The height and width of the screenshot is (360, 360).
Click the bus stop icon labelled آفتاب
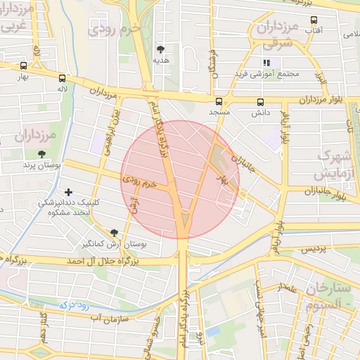pyautogui.click(x=314, y=20)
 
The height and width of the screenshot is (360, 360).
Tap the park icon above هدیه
pyautogui.click(x=161, y=49)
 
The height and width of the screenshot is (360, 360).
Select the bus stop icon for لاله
pyautogui.click(x=63, y=78)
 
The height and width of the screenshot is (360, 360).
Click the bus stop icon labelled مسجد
pyautogui.click(x=219, y=101)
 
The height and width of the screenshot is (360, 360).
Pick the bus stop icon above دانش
pyautogui.click(x=261, y=101)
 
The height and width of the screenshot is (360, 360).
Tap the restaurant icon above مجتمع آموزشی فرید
pyautogui.click(x=266, y=63)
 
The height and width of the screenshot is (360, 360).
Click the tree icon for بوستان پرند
pyautogui.click(x=43, y=153)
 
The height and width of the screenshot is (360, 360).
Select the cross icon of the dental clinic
pyautogui.click(x=68, y=191)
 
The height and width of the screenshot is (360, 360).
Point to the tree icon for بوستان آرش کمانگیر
pyautogui.click(x=114, y=233)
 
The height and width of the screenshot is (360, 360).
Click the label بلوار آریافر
pyautogui.click(x=285, y=127)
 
